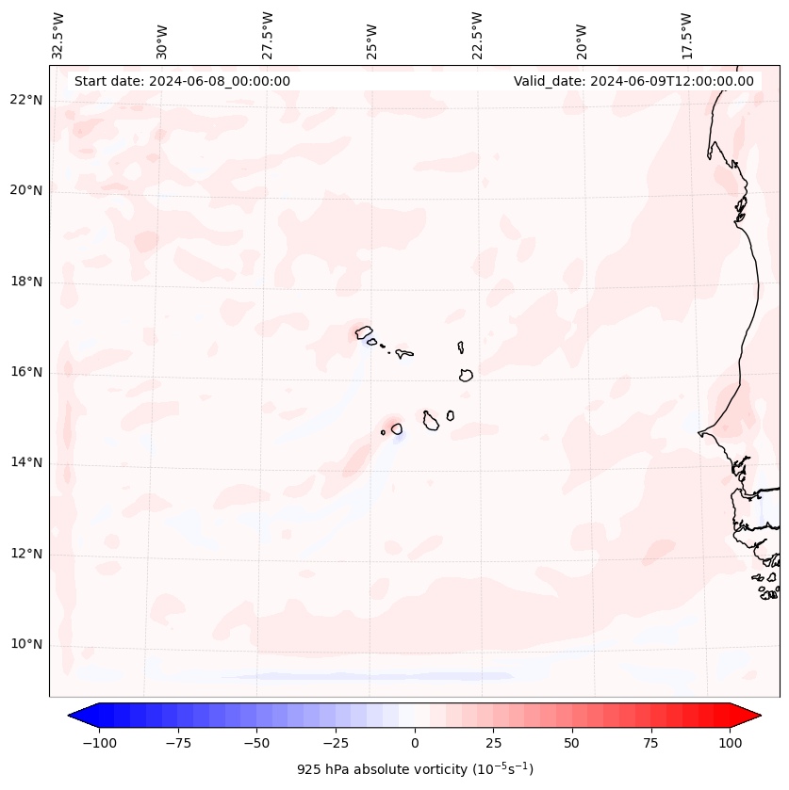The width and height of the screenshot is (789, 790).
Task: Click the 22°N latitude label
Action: click(27, 100)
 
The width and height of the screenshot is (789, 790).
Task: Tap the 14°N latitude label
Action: click(27, 462)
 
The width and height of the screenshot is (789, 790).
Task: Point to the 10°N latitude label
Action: click(27, 644)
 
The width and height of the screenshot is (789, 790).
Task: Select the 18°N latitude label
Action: click(27, 282)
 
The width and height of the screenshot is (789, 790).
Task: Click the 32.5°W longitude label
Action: click(58, 35)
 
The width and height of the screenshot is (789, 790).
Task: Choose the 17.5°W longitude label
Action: click(686, 35)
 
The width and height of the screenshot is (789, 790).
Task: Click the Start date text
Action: click(182, 81)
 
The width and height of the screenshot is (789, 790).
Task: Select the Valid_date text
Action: click(633, 81)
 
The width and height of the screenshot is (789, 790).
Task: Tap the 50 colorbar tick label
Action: click(571, 743)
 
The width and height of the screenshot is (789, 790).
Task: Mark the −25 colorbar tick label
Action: click(336, 743)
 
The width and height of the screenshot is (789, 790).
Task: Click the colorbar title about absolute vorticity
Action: click(415, 769)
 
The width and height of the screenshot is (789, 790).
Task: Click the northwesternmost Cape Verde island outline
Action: click(364, 331)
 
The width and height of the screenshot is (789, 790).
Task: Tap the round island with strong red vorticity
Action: click(397, 428)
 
